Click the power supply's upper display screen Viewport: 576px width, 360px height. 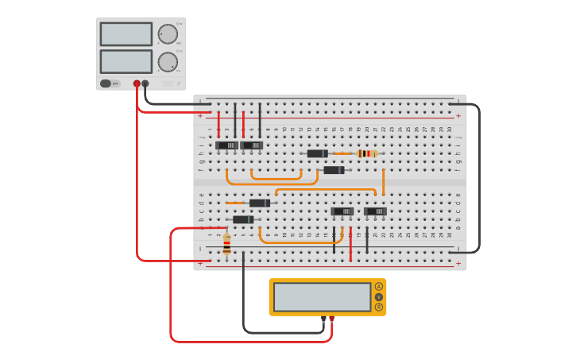click(126, 34)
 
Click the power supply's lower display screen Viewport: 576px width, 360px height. click(126, 61)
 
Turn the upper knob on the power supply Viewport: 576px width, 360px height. click(168, 34)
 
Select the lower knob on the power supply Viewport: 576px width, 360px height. click(168, 62)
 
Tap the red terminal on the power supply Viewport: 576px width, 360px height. click(137, 83)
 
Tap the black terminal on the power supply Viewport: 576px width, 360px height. click(145, 83)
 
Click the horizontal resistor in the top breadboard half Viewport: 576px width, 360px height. click(365, 153)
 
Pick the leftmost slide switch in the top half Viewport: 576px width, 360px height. click(227, 145)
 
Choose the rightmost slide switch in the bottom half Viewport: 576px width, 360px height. click(375, 211)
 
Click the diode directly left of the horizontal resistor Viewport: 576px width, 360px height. click(318, 153)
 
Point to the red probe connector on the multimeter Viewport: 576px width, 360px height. click(332, 319)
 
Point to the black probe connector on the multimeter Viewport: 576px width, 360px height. click(323, 319)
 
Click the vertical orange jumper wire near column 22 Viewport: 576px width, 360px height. click(384, 182)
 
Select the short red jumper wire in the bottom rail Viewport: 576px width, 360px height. click(350, 243)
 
